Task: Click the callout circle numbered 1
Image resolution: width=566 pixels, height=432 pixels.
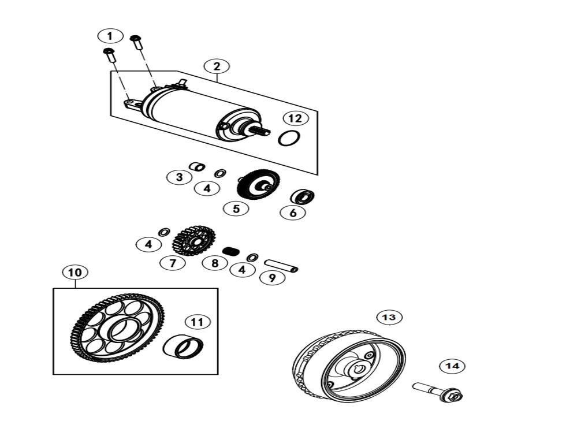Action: pos(110,36)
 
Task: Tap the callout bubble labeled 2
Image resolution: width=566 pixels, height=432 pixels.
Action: pos(217,66)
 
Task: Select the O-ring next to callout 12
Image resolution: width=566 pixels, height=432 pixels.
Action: pos(288,139)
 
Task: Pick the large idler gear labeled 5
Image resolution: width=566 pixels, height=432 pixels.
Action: pos(258,184)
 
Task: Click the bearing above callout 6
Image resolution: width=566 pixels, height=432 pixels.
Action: pos(302,196)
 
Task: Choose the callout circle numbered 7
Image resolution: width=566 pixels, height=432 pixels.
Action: pos(173,263)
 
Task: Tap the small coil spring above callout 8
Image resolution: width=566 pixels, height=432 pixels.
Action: pos(231,251)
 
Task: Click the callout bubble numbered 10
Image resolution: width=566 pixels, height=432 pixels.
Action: pos(75,272)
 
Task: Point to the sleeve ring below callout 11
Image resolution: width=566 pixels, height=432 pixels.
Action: pos(183,347)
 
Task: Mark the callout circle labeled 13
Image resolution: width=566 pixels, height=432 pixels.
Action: pos(389,317)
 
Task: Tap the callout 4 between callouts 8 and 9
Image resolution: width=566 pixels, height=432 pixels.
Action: pos(242,270)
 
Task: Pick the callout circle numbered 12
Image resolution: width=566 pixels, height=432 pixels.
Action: pos(296,118)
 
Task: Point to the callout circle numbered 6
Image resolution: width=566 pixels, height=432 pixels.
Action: pos(293,213)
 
